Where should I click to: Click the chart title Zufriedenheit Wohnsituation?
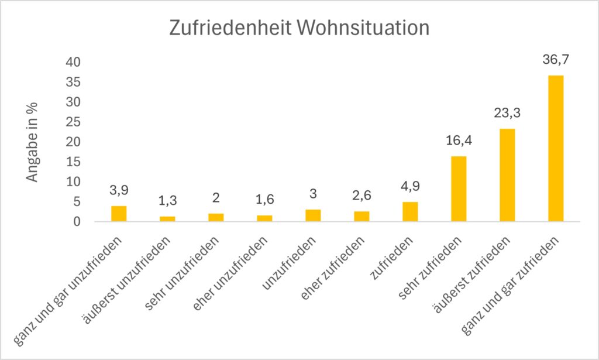299,28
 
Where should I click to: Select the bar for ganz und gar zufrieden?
556,149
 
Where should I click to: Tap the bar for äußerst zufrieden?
507,175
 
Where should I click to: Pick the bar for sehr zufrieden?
459,189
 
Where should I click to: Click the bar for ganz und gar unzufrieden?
119,214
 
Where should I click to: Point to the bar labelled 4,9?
410,212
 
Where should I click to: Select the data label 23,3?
507,113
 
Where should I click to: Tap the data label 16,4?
459,140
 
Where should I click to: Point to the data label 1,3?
167,201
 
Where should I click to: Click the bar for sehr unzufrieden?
216,217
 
